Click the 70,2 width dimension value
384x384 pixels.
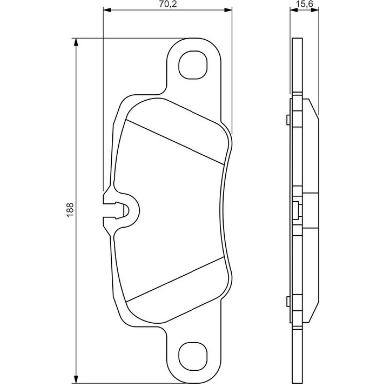(168, 4)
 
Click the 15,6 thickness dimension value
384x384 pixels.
(304, 4)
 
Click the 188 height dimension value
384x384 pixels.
(70, 210)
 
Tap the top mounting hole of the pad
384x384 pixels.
(193, 65)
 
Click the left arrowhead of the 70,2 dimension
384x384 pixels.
(107, 10)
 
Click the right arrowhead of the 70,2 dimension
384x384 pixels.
(228, 10)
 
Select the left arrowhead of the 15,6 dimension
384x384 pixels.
(294, 10)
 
